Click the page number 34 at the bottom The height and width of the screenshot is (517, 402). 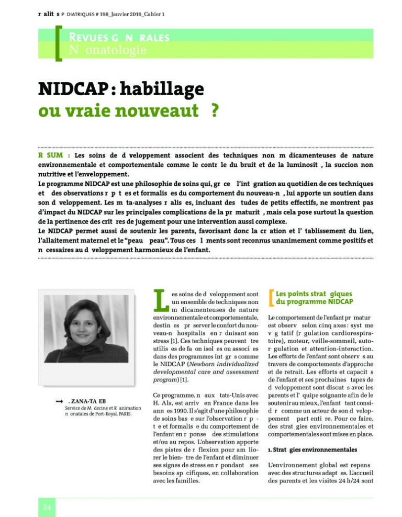pyautogui.click(x=46, y=508)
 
